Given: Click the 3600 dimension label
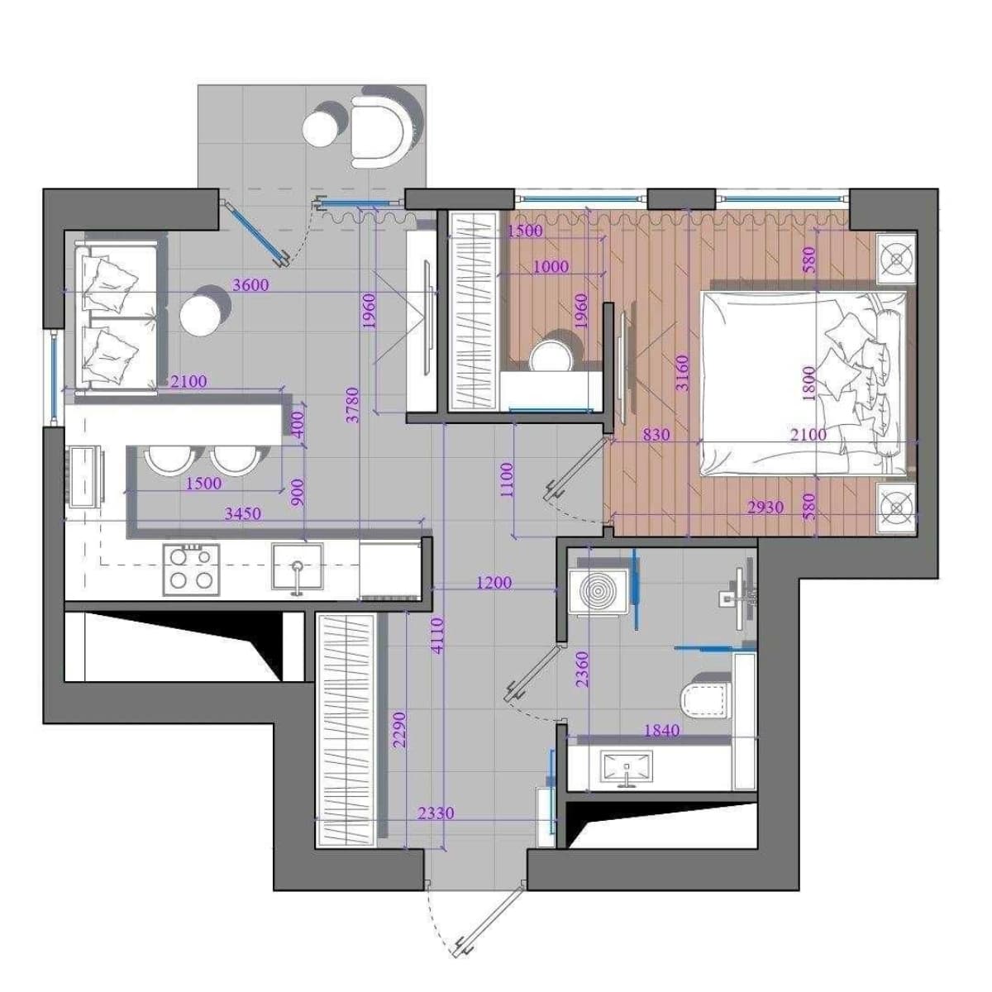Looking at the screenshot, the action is (x=250, y=284).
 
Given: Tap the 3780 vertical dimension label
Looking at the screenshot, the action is (x=353, y=405).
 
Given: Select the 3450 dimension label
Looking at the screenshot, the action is (x=243, y=513).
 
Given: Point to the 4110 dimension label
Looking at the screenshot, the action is (x=437, y=636).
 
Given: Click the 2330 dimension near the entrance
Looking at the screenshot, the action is (x=436, y=813).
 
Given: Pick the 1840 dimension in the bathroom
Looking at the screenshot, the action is (x=661, y=730).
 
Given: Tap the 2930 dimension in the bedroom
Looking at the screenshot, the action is (x=765, y=508).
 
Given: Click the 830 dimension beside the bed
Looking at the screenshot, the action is (x=657, y=435).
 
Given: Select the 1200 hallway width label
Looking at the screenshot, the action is (x=494, y=583).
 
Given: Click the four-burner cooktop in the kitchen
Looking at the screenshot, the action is (x=192, y=570).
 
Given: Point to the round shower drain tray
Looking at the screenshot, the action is (x=599, y=592).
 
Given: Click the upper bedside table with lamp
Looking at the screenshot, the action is (x=896, y=258).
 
